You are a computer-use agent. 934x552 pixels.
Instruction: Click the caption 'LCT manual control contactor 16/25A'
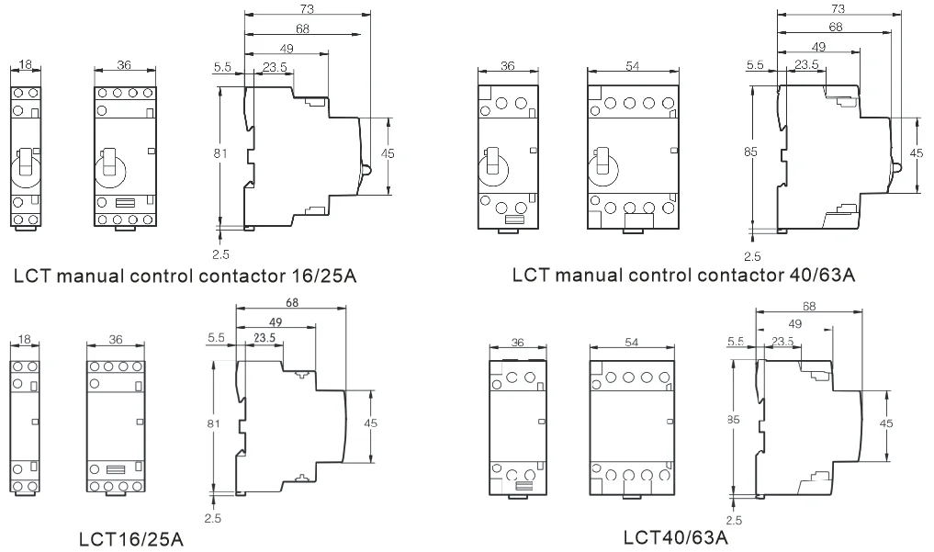(186, 276)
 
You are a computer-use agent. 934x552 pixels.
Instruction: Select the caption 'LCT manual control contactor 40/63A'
(684, 275)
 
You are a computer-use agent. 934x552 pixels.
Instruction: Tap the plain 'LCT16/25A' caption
(131, 539)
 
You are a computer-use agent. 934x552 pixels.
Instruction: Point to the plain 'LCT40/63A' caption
(676, 537)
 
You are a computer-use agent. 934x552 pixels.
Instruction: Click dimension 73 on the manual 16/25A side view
(307, 9)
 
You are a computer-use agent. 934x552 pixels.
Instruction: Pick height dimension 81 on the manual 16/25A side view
(220, 153)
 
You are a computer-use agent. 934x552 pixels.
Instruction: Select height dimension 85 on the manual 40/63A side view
(750, 152)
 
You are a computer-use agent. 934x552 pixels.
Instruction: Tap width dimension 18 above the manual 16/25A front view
(25, 64)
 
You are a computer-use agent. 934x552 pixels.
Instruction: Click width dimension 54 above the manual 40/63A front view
(633, 66)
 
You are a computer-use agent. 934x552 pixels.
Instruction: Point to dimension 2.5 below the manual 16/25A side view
(220, 254)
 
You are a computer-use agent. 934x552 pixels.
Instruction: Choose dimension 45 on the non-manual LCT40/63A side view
(886, 423)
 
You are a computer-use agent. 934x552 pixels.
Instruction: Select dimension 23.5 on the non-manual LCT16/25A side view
(264, 338)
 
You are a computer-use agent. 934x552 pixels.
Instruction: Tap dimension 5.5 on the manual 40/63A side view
(755, 65)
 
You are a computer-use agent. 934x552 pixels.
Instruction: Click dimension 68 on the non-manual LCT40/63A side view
(809, 306)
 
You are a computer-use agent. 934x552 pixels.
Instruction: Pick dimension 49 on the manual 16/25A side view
(287, 49)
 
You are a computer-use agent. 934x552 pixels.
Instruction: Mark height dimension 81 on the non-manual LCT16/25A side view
(213, 423)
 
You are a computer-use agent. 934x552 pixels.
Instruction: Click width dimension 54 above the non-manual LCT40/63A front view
(632, 342)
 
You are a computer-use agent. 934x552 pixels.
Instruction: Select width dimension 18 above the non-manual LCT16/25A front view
(24, 340)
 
